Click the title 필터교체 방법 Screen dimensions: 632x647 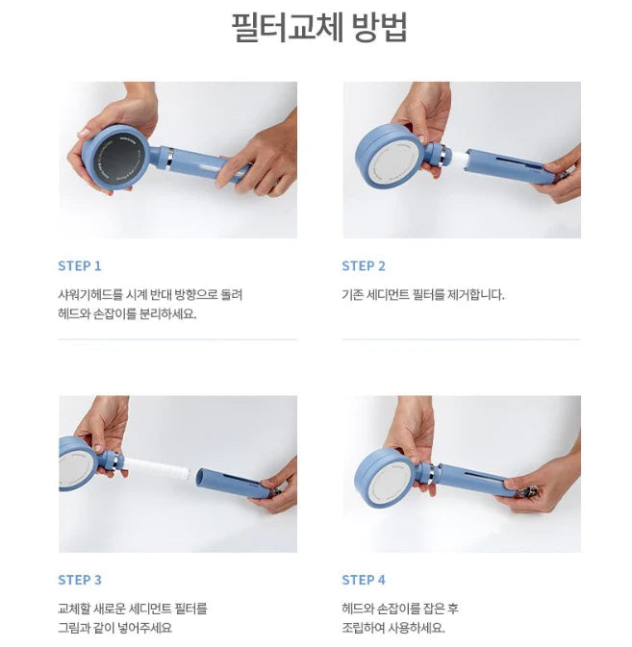pos(319,27)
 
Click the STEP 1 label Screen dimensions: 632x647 pos(80,266)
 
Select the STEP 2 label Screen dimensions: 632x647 pos(364,266)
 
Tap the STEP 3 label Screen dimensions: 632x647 pos(80,580)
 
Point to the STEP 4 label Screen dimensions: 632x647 pos(364,580)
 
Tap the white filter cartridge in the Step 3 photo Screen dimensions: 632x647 pos(158,468)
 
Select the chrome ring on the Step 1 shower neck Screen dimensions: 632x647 pos(169,158)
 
